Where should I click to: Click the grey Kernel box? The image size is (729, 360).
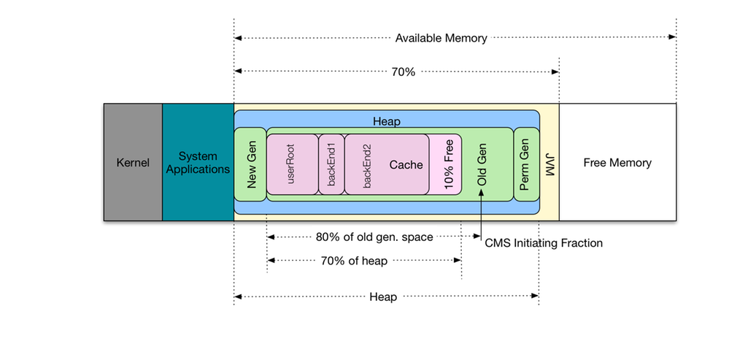pyautogui.click(x=132, y=162)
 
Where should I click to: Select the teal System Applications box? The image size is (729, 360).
pyautogui.click(x=198, y=162)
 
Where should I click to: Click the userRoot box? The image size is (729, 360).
pyautogui.click(x=293, y=164)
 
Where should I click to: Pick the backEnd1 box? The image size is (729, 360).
pyautogui.click(x=331, y=164)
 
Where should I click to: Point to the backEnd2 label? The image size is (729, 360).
pyautogui.click(x=367, y=165)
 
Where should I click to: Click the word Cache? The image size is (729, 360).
pyautogui.click(x=406, y=165)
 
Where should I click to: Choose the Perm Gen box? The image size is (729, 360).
pyautogui.click(x=526, y=164)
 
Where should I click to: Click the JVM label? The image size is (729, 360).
pyautogui.click(x=549, y=162)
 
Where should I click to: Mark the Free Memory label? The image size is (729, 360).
pyautogui.click(x=617, y=163)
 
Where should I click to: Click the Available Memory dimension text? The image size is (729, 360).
pyautogui.click(x=441, y=38)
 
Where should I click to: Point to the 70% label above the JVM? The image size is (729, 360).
pyautogui.click(x=403, y=72)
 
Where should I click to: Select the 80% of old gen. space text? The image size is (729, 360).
pyautogui.click(x=364, y=237)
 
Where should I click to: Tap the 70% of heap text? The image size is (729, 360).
pyautogui.click(x=353, y=261)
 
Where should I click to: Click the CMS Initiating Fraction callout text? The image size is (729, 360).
pyautogui.click(x=544, y=243)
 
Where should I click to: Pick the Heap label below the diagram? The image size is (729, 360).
pyautogui.click(x=383, y=297)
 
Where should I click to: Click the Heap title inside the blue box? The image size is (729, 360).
pyautogui.click(x=387, y=120)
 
